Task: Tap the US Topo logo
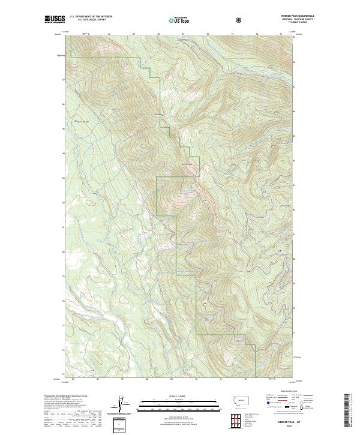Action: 179,21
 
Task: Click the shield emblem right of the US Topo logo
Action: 240,20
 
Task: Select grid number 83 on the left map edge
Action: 62,178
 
